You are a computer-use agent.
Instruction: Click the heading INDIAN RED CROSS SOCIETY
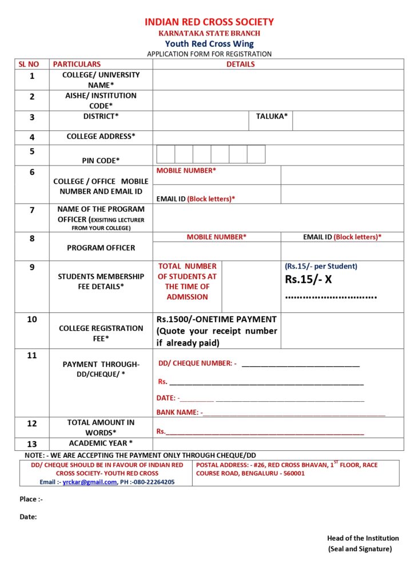(x=209, y=22)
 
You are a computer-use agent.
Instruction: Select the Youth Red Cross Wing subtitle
(x=209, y=43)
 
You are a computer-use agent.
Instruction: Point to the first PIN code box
(x=166, y=155)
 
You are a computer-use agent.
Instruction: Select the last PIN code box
(x=256, y=155)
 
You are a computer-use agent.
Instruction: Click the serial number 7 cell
(x=32, y=210)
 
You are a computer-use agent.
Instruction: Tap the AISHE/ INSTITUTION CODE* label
(x=101, y=101)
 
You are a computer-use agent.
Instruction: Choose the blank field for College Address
(x=278, y=137)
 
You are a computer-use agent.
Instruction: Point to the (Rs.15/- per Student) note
(x=321, y=266)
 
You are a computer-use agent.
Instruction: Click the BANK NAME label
(x=178, y=412)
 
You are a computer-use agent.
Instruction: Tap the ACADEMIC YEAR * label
(x=101, y=444)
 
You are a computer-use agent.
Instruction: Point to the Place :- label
(x=31, y=499)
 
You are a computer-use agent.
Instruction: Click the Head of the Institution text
(x=363, y=538)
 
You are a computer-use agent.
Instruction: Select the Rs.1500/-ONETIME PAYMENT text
(x=216, y=319)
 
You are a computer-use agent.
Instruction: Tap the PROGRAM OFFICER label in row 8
(x=101, y=248)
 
